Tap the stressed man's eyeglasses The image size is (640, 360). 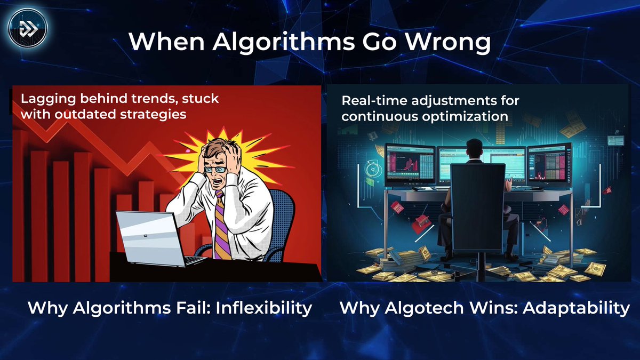point(213,169)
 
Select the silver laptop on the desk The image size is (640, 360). point(152,237)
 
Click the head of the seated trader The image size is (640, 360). point(473,149)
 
